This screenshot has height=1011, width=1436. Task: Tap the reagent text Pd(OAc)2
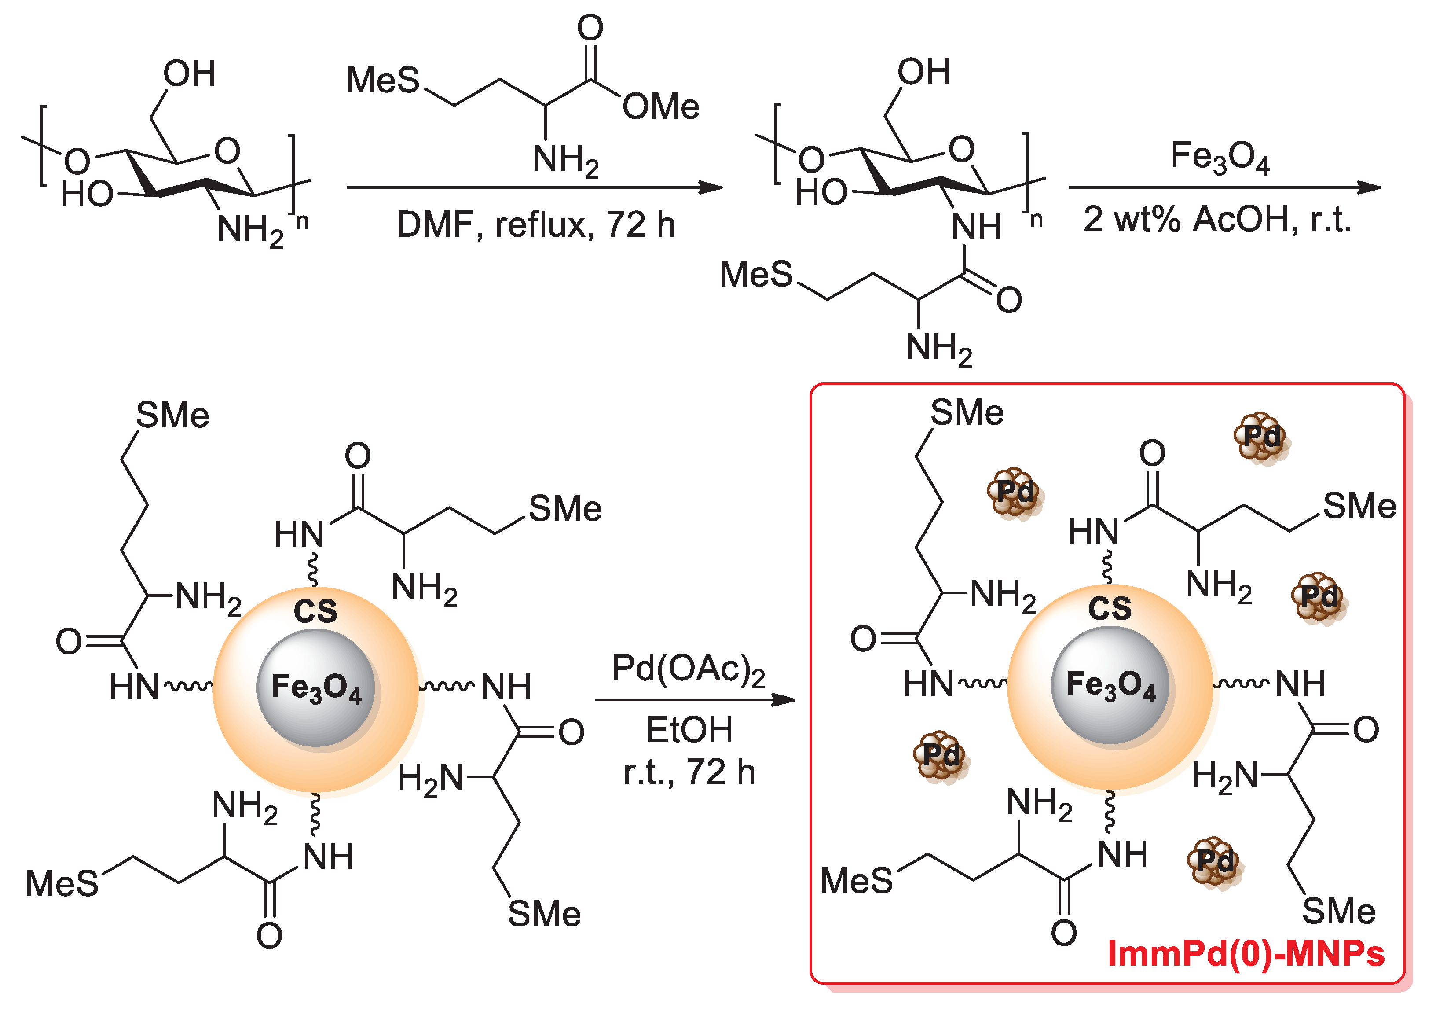[x=688, y=670]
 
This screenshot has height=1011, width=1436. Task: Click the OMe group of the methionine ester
[x=660, y=107]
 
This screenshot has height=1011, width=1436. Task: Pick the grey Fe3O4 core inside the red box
[x=1110, y=684]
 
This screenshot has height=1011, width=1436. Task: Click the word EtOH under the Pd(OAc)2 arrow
[x=689, y=730]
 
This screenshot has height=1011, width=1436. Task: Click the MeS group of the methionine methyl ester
[x=383, y=81]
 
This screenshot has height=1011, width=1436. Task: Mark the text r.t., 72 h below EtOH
[x=689, y=772]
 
